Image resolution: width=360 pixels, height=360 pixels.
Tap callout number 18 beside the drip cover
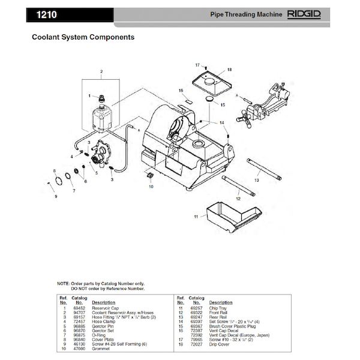pyautogui.click(x=229, y=70)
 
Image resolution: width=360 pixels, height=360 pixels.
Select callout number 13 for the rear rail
pyautogui.click(x=256, y=180)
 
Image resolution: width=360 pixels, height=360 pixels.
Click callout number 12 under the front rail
pyautogui.click(x=238, y=197)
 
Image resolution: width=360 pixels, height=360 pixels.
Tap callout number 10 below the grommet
pyautogui.click(x=151, y=187)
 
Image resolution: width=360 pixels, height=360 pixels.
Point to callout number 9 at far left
pyautogui.click(x=55, y=196)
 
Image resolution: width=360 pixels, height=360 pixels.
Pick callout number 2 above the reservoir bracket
pyautogui.click(x=101, y=72)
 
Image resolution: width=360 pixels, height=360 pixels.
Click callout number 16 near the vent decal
pyautogui.click(x=180, y=91)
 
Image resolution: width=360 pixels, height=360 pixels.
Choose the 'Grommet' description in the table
pyautogui.click(x=101, y=348)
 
